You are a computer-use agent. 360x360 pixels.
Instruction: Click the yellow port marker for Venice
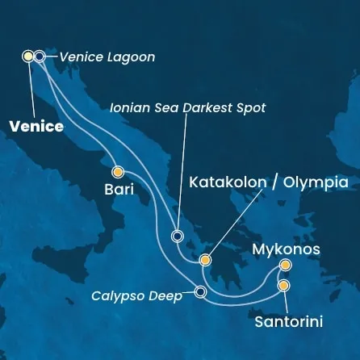28,57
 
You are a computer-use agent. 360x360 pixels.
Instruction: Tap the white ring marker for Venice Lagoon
40,57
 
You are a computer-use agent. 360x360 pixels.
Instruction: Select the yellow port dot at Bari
118,171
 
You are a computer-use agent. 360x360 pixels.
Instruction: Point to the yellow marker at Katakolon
205,261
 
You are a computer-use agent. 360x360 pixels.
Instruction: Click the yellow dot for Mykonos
285,266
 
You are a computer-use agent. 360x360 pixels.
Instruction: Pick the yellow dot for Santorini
283,285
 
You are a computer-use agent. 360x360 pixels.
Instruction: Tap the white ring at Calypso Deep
200,292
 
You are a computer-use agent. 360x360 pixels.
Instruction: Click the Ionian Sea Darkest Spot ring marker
178,237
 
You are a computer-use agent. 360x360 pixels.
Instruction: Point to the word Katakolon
227,183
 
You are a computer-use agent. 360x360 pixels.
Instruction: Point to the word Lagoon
131,57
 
